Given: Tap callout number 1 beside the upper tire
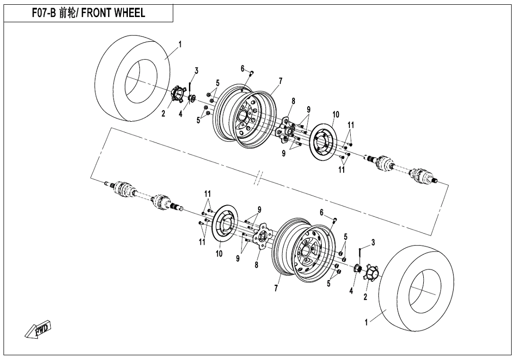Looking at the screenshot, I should click(180, 45).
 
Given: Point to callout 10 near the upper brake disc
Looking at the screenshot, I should click(336, 115).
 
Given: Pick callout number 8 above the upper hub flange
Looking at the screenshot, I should click(294, 101).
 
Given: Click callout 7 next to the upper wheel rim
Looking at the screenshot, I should click(280, 81).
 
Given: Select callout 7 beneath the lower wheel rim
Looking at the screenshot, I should click(276, 289).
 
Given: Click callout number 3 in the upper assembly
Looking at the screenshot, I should click(196, 71).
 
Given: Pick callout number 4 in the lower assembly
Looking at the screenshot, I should click(351, 290).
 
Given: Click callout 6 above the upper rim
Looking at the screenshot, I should click(242, 69).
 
